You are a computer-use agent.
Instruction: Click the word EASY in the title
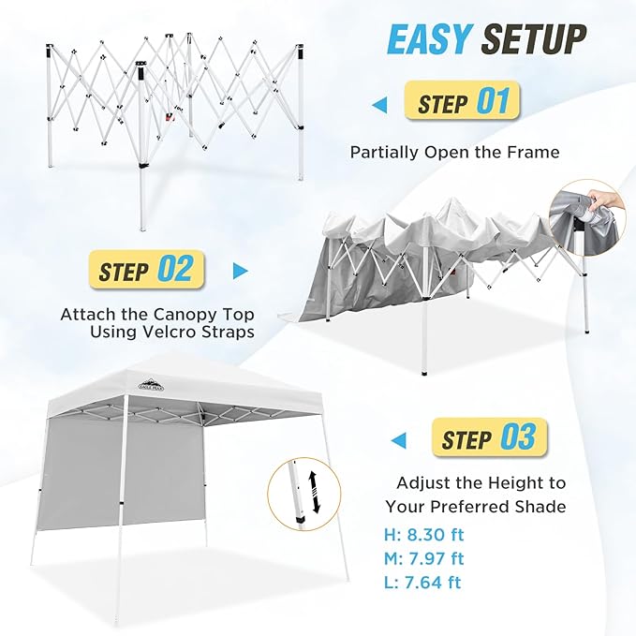click(430, 39)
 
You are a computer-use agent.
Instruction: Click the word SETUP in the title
click(534, 39)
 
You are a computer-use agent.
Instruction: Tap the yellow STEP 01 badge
click(462, 100)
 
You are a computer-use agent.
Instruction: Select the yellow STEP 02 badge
click(146, 270)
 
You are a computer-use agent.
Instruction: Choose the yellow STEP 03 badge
click(490, 437)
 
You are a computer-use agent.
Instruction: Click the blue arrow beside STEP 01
click(379, 106)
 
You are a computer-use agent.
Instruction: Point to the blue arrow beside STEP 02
click(241, 271)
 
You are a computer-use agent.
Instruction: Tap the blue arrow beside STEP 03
click(398, 440)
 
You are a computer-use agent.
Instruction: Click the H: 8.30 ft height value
click(424, 535)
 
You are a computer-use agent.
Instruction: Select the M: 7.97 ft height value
click(424, 558)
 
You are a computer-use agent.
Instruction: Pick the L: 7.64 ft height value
click(422, 583)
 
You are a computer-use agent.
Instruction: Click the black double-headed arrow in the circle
click(315, 491)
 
